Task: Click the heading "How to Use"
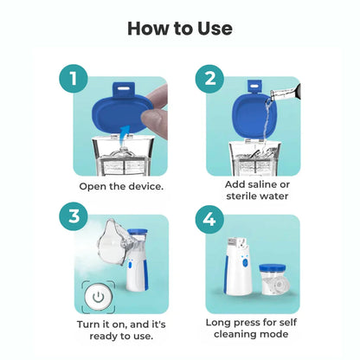(x=180, y=28)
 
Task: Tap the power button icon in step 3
(x=99, y=297)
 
